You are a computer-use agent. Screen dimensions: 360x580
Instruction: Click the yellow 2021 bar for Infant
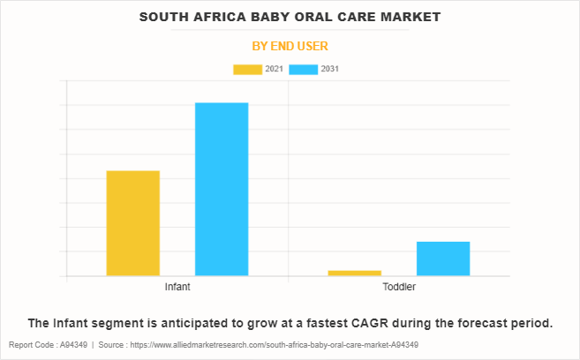click(132, 222)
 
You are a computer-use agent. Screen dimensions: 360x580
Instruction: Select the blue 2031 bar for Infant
click(221, 189)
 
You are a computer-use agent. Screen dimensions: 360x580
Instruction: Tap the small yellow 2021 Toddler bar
click(354, 273)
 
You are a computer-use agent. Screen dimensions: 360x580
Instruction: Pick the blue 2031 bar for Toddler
click(442, 258)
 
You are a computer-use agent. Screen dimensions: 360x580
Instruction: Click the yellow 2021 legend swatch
click(247, 69)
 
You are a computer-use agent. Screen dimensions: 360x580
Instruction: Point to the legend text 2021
click(274, 69)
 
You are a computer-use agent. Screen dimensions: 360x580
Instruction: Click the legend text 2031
click(330, 69)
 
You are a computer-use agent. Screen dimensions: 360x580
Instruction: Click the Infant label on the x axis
click(177, 288)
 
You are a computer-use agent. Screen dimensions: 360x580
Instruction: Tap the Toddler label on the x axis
click(399, 288)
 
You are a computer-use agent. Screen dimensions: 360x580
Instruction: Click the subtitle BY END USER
click(290, 45)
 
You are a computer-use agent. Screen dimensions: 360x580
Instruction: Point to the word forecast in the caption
click(464, 322)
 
